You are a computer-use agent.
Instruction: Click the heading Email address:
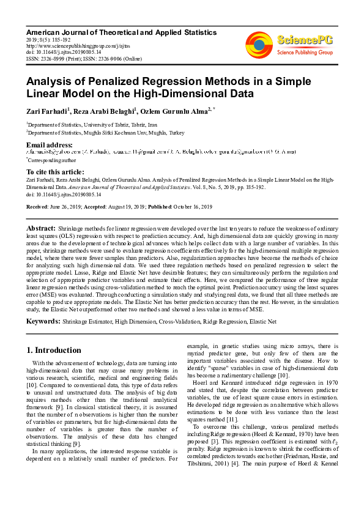49,144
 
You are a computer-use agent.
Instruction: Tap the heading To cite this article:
56,172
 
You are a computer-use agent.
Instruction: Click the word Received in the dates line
39,207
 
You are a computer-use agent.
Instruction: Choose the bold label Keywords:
43,320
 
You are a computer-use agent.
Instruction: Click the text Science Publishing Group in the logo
304,53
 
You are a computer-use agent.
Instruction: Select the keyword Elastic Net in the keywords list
263,320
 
